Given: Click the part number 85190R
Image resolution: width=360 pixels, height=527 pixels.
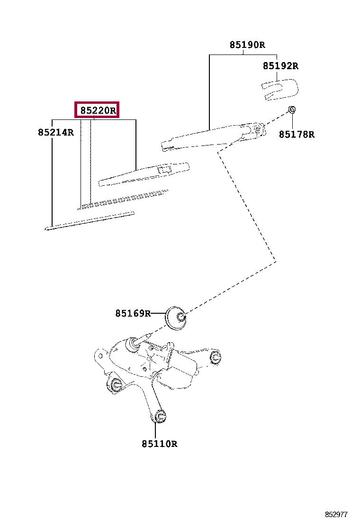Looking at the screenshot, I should (247, 45).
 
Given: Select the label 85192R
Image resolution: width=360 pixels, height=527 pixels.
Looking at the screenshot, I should (280, 66).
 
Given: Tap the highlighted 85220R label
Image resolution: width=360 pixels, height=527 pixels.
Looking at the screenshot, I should (97, 111).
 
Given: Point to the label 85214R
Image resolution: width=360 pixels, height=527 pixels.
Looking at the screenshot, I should (56, 133).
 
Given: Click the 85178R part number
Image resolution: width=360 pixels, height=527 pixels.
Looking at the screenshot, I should (296, 135).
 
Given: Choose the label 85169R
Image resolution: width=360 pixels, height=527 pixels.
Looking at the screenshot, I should (133, 313).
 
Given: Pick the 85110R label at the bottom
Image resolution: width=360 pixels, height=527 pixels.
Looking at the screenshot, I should (159, 444).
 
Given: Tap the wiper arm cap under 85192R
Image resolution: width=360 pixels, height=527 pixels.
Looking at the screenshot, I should (280, 90).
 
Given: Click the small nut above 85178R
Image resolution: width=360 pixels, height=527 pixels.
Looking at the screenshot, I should (293, 110).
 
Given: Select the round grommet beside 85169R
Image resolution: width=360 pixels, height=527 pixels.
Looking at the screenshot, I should (176, 319).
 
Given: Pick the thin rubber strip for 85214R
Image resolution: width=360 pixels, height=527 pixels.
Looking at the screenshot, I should (90, 220).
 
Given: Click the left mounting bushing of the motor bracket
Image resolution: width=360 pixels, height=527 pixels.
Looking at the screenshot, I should (115, 384).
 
